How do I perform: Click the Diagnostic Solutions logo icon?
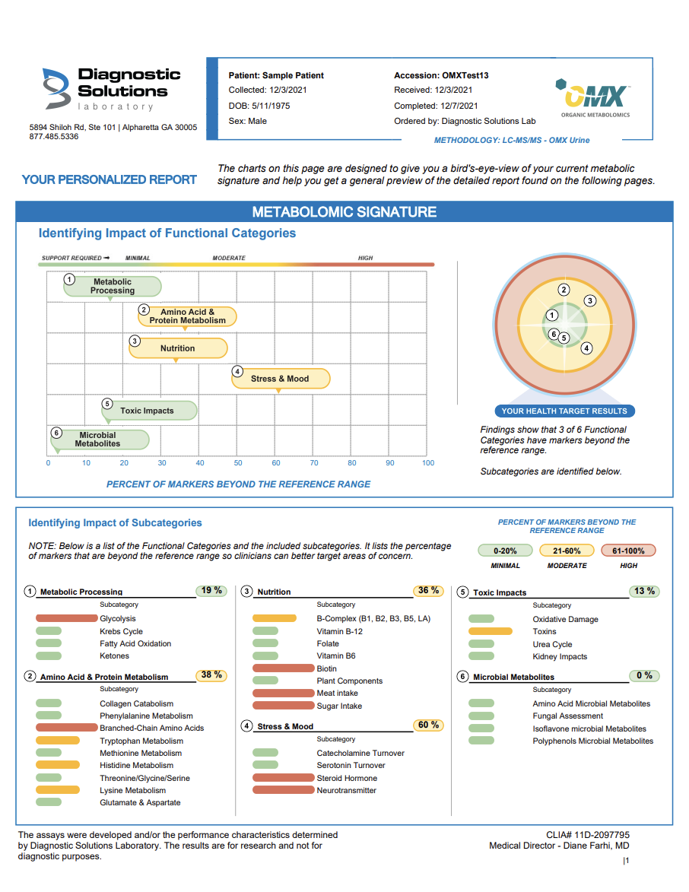pos(56,88)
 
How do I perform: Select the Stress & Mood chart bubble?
pos(281,379)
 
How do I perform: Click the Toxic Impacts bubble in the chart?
pos(149,411)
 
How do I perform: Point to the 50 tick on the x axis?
pos(238,463)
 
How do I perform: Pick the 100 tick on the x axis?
pos(428,463)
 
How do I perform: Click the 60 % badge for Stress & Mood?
pos(429,725)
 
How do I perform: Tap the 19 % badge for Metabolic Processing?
pos(212,591)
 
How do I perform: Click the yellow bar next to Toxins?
pos(491,631)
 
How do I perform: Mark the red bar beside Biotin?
pos(283,668)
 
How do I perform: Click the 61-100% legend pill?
pos(628,551)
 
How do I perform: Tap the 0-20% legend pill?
pos(505,551)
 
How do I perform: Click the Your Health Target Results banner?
pos(564,411)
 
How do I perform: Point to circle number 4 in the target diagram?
pos(586,348)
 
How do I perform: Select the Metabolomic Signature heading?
pos(344,212)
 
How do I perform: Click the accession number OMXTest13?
pos(465,76)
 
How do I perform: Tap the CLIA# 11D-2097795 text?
pos(587,835)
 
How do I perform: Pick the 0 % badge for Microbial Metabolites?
pos(644,675)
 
